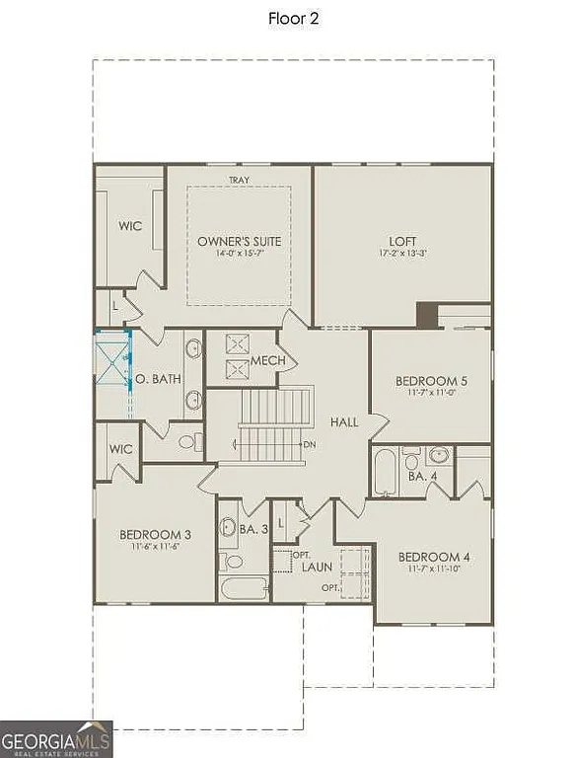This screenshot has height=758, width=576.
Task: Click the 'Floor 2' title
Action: (x=293, y=18)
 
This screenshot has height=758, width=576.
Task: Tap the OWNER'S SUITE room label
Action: (x=239, y=241)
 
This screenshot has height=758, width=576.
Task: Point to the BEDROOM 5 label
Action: (x=430, y=381)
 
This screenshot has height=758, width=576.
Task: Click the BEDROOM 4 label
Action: (x=433, y=557)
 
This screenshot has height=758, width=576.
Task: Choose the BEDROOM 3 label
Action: (x=155, y=535)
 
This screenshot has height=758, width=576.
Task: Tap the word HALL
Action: (x=344, y=421)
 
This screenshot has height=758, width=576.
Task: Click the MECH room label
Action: (x=267, y=360)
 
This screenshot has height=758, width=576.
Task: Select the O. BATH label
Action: (x=155, y=379)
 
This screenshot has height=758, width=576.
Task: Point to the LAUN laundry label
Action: (x=317, y=568)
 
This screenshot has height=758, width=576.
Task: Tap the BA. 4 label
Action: (x=417, y=475)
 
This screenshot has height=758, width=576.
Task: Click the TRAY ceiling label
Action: (x=239, y=180)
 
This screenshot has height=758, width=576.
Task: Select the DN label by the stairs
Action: (x=309, y=444)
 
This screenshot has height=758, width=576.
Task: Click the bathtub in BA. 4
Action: (x=385, y=473)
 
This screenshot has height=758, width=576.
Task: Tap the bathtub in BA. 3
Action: (x=243, y=589)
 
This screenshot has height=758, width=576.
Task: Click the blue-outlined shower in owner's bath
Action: (x=112, y=364)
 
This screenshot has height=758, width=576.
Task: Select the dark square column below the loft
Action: (x=426, y=315)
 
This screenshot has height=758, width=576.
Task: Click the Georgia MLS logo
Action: (x=56, y=738)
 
